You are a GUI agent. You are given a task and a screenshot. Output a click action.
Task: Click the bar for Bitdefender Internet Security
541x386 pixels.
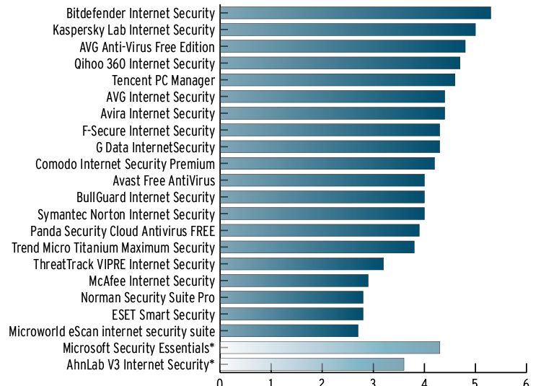(x=355, y=13)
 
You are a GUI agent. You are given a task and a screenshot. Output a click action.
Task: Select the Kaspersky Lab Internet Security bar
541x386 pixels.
(x=347, y=30)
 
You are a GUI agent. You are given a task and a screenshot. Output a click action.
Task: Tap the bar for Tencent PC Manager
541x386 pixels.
(x=337, y=79)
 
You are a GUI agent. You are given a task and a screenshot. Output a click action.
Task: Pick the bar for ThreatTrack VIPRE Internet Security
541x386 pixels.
(x=302, y=264)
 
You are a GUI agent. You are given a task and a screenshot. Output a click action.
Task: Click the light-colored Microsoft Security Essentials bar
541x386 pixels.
(x=329, y=348)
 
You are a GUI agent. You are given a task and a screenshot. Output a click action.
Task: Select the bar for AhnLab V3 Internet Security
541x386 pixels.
(x=312, y=364)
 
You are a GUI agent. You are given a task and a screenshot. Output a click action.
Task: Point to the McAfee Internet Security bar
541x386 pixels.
(x=294, y=281)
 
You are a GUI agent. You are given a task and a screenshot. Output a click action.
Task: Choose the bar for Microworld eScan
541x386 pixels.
(x=289, y=331)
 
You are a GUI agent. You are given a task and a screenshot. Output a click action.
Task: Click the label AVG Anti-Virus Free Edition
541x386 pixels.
(x=147, y=47)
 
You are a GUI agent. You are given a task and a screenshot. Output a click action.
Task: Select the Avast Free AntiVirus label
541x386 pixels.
(x=164, y=180)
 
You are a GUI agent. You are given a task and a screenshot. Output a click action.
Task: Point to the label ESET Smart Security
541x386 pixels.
(x=163, y=315)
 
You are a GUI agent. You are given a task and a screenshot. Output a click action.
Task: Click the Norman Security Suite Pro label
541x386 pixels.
(x=148, y=297)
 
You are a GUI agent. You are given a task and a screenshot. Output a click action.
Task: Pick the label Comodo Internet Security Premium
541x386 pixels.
(x=125, y=164)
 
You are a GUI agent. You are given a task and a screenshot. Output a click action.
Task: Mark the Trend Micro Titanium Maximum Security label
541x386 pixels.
(x=113, y=247)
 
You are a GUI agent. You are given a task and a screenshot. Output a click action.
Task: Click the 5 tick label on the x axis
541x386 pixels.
(x=475, y=382)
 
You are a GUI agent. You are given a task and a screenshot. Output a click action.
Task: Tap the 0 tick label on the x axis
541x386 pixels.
(x=220, y=382)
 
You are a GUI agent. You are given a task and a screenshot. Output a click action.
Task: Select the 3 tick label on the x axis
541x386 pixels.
(x=373, y=382)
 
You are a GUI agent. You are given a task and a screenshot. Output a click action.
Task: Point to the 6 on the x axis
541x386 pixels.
(x=526, y=382)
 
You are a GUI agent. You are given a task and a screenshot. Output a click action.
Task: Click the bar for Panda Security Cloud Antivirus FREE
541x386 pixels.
(x=320, y=230)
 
